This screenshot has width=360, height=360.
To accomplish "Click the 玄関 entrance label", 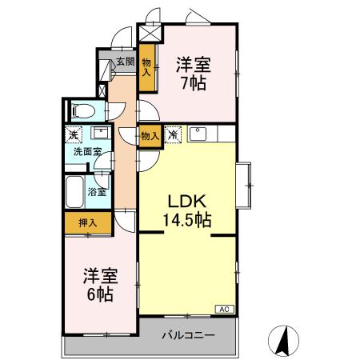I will (x=125, y=62).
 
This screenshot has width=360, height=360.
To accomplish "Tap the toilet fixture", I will (x=82, y=111).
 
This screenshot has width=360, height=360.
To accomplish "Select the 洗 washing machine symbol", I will (x=74, y=134).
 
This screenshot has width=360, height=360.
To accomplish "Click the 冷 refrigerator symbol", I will (x=173, y=135).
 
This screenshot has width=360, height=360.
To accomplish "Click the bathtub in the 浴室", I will (x=74, y=192).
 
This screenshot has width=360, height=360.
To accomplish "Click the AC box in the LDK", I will (x=225, y=308).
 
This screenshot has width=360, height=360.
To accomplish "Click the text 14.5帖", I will (x=188, y=217).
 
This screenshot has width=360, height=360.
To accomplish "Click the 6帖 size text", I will (x=100, y=294).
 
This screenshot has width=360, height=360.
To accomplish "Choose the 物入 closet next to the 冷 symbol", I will (x=149, y=135).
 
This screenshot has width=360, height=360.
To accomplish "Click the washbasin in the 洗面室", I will (x=102, y=133).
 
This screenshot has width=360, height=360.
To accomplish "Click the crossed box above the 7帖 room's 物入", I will (x=150, y=34).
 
